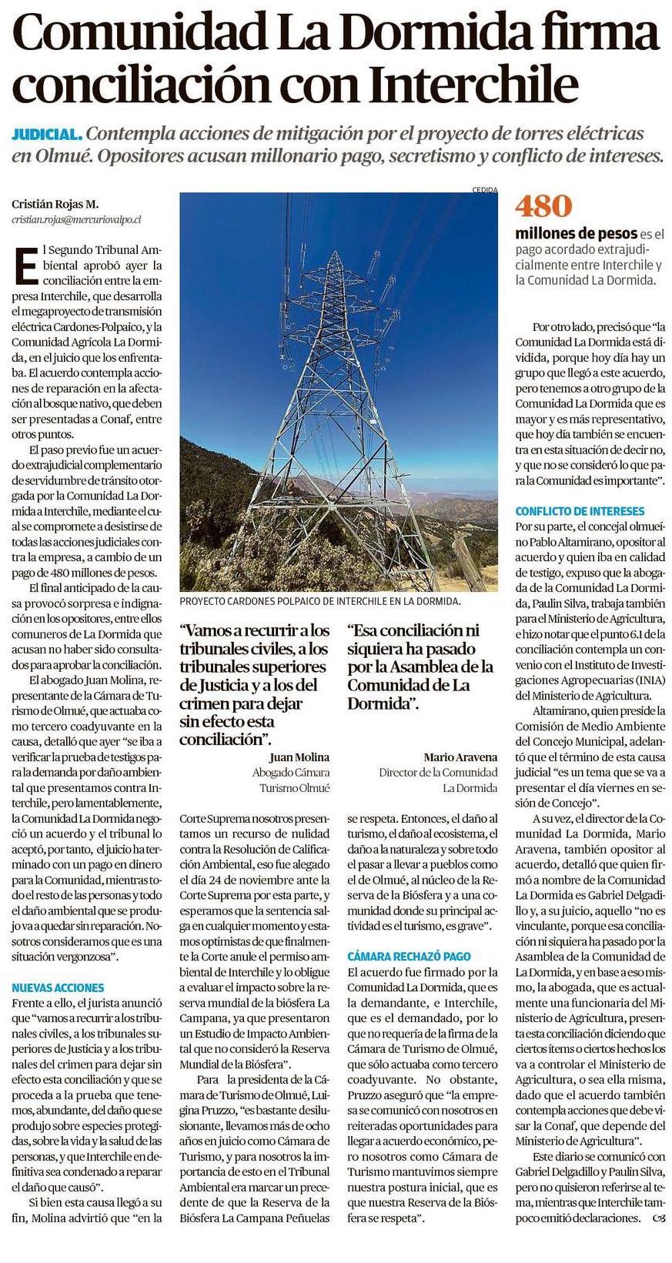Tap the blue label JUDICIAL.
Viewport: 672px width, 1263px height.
click(x=47, y=134)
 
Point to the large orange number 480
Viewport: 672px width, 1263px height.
click(x=544, y=206)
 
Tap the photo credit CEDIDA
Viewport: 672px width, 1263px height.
click(x=486, y=190)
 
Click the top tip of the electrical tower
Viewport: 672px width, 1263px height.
click(x=337, y=252)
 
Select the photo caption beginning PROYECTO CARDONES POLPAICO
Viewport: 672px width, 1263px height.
click(x=319, y=601)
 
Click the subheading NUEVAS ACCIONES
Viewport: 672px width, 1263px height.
click(x=59, y=987)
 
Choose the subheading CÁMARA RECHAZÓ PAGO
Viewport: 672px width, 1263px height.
click(x=409, y=956)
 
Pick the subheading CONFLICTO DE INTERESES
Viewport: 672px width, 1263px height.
click(x=580, y=511)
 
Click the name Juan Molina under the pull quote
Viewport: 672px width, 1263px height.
click(x=299, y=757)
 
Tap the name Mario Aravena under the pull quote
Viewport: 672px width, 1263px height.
click(x=460, y=757)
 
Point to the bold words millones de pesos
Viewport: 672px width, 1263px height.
click(x=576, y=233)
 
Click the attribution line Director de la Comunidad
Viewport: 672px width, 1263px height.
click(x=438, y=773)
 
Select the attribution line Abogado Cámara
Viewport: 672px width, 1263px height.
click(x=291, y=773)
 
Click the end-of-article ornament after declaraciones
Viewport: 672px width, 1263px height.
click(x=658, y=1218)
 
